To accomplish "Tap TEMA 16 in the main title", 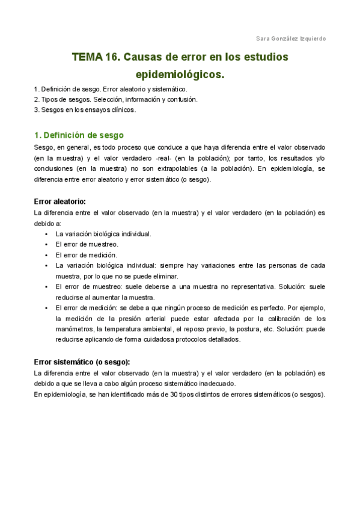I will point(95,58).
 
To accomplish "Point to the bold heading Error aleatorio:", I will point(59,201).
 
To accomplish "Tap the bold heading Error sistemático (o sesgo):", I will point(82,361).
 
